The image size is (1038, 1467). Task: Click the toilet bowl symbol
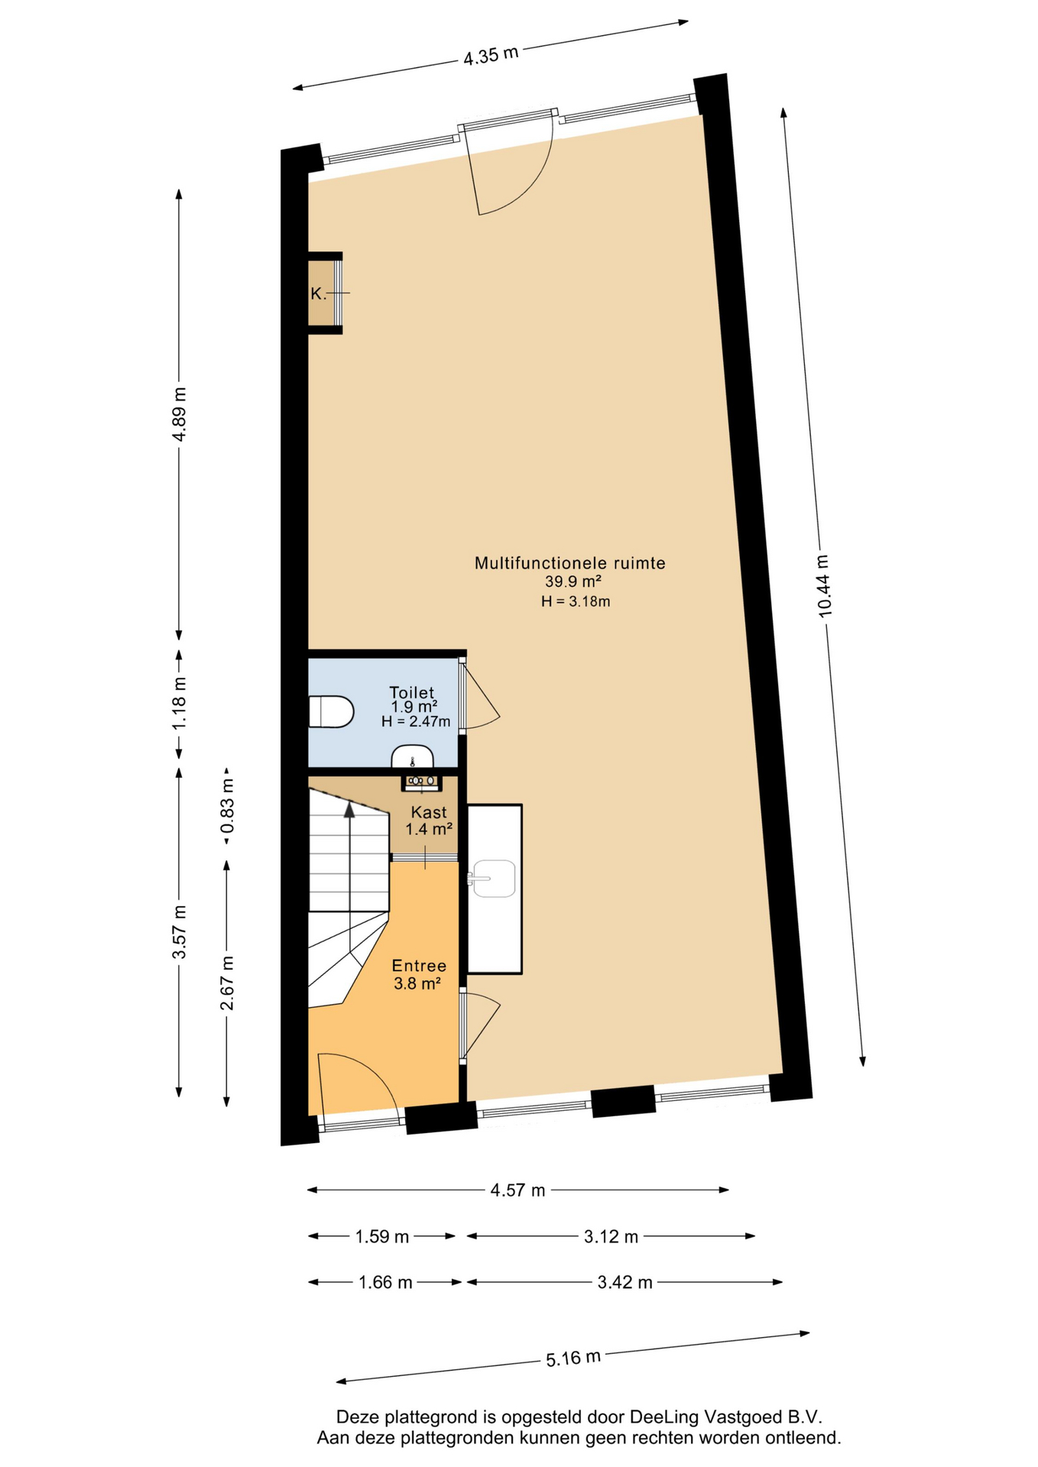coord(331,711)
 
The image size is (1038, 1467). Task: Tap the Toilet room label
coord(412,693)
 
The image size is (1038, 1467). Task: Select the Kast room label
coord(429,811)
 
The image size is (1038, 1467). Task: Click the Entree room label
coord(419,966)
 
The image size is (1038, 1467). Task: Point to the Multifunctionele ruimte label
coord(570,563)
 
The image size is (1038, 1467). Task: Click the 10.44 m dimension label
coord(823,586)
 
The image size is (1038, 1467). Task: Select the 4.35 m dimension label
coord(491,55)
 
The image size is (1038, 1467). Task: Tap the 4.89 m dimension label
coord(178,414)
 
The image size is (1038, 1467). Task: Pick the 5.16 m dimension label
coord(573,1359)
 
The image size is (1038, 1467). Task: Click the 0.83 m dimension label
coord(226,807)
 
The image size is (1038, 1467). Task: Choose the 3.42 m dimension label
coord(624,1283)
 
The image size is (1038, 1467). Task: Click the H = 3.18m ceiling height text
coord(576,601)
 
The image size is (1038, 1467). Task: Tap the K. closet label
coord(318,293)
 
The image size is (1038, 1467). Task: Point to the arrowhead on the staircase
coord(349,810)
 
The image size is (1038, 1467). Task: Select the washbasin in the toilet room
coord(413,756)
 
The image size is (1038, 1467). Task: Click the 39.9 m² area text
coord(573,581)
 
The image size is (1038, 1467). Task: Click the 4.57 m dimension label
coord(517,1190)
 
